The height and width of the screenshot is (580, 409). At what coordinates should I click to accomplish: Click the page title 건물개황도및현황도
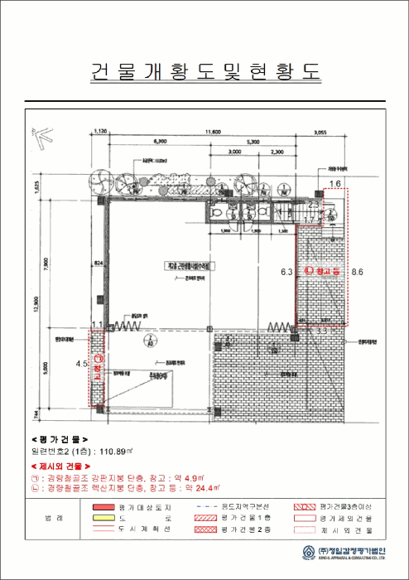coord(204,71)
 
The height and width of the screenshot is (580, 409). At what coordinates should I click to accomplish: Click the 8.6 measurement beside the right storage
coord(357,271)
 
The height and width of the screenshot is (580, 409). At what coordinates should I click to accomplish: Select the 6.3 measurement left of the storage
coord(287,271)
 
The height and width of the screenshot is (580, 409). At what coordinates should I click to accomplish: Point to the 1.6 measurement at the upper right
coord(335,183)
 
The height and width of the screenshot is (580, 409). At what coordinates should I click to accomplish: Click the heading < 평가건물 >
coord(59,439)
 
